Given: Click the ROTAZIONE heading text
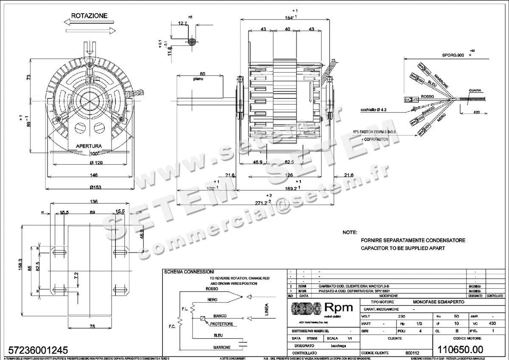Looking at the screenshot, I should pos(89,16).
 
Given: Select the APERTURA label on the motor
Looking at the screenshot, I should pos(89,146).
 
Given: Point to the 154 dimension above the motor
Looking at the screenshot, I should pos(289,17).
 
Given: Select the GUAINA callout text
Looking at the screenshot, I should pos(475,91).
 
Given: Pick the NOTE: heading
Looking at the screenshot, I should pos(350,233).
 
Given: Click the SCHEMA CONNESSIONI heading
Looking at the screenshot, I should pos(189,272).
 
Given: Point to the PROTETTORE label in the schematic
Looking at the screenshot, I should pos(221,324).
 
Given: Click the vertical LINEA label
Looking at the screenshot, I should pos(266,309).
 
